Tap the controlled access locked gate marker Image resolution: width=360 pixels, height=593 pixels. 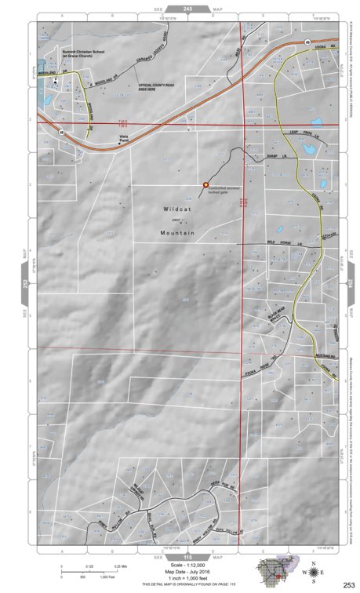point(205,185)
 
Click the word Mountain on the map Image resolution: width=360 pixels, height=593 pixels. point(176,233)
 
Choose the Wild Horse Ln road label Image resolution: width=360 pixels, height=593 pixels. point(283,245)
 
